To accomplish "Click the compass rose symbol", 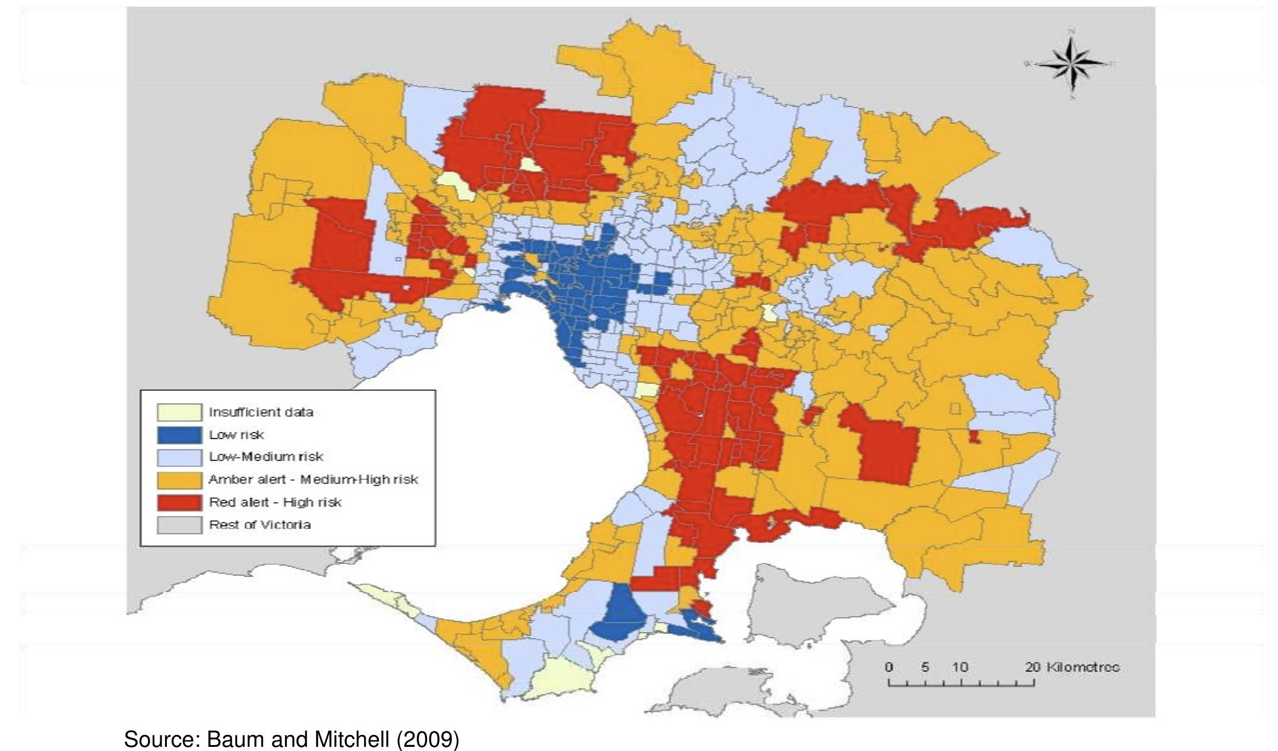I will pyautogui.click(x=1073, y=64).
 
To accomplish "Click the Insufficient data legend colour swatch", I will pyautogui.click(x=179, y=412).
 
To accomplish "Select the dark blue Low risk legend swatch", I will pyautogui.click(x=179, y=435).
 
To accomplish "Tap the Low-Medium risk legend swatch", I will pyautogui.click(x=179, y=457).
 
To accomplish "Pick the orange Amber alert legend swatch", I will pyautogui.click(x=179, y=480).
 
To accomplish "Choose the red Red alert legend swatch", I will pyautogui.click(x=179, y=503).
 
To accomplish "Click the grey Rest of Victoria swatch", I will pyautogui.click(x=179, y=525).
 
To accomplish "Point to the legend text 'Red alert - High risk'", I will pyautogui.click(x=275, y=503).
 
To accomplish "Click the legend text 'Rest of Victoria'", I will pyautogui.click(x=260, y=525).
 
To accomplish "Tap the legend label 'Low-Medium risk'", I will pyautogui.click(x=265, y=457).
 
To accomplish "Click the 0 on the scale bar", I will pyautogui.click(x=888, y=667).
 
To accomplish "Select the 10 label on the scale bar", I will pyautogui.click(x=960, y=667).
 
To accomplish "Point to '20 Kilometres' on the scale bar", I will pyautogui.click(x=1073, y=667).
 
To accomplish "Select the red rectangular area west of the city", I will pyautogui.click(x=341, y=238).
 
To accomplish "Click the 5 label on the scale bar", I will pyautogui.click(x=925, y=667).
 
